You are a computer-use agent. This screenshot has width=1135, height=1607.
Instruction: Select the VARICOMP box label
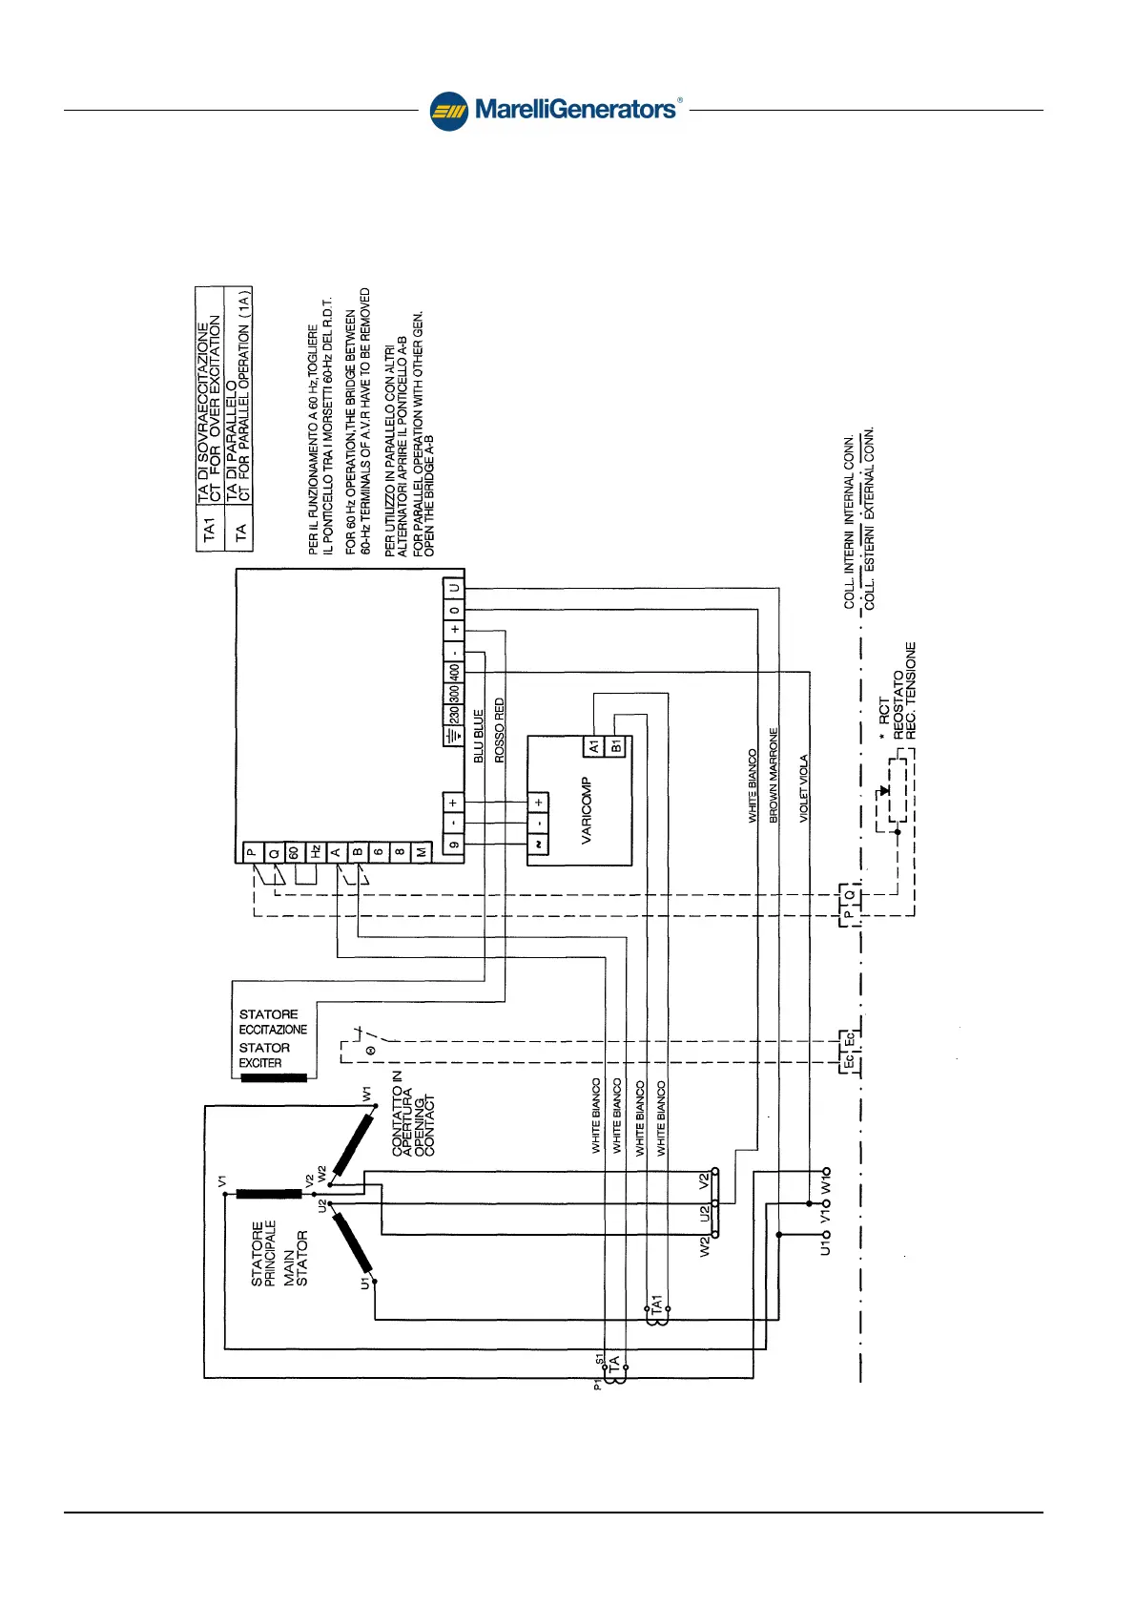587,811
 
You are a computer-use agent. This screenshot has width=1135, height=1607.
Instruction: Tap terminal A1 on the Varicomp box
593,745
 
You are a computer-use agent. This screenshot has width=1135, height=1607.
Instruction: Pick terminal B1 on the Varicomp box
615,745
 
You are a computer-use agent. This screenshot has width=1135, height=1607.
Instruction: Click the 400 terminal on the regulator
454,671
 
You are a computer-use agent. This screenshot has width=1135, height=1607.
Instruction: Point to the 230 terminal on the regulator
454,714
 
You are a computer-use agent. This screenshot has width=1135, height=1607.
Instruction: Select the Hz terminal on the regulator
315,851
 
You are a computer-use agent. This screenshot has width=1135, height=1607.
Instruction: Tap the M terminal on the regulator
422,852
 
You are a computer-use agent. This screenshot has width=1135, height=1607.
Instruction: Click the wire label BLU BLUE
479,736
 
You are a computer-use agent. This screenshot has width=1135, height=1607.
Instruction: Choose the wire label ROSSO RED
500,730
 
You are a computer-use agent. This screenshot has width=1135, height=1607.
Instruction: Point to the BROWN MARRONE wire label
774,775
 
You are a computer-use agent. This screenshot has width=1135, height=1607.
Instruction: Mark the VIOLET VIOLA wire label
804,788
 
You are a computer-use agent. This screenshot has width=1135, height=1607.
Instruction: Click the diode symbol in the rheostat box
885,791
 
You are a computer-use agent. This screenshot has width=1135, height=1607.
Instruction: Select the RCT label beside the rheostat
884,709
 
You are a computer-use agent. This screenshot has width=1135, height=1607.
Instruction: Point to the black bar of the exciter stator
274,1078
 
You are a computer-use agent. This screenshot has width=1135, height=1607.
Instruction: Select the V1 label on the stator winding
222,1181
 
